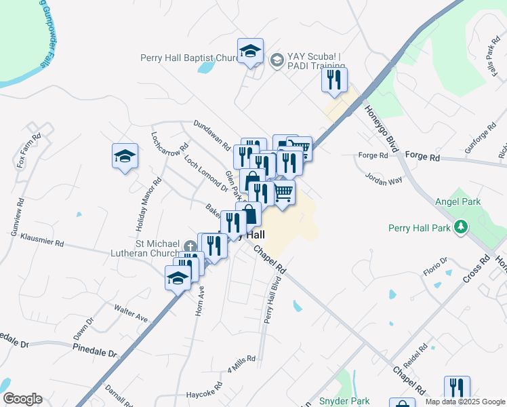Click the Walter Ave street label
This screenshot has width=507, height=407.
point(131,313)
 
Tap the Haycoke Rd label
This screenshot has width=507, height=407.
point(203,393)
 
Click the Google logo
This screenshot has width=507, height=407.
point(22,399)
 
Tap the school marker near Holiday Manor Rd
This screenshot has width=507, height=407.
point(125,157)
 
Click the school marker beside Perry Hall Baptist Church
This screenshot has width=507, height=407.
point(250,51)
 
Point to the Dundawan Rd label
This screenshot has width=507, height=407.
point(212,134)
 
